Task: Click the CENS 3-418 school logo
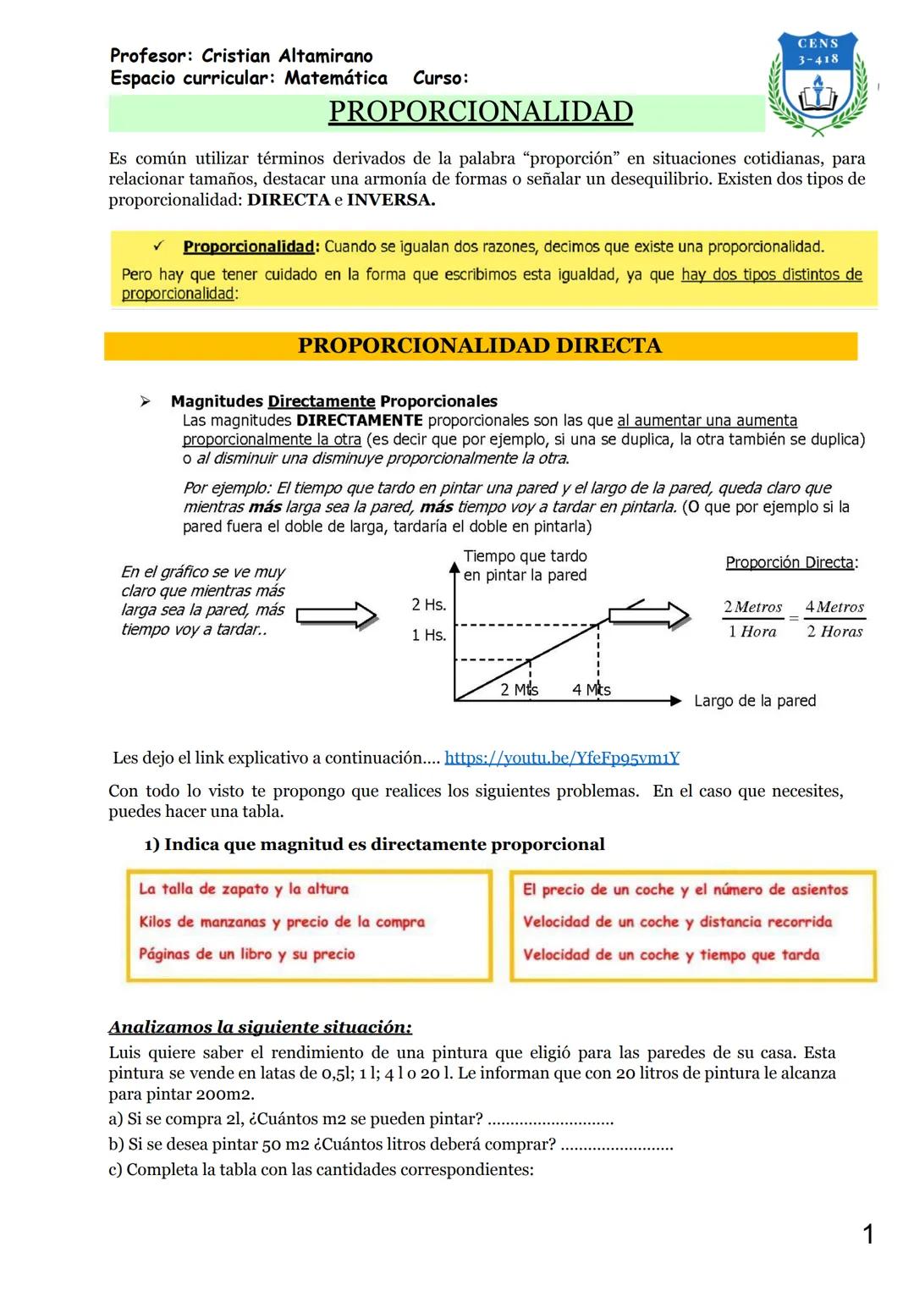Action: click(x=818, y=83)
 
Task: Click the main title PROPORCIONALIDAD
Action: click(x=480, y=112)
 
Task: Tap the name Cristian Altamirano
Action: click(x=287, y=56)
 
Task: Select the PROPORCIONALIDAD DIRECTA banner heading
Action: click(x=480, y=345)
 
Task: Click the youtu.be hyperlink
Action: click(x=562, y=758)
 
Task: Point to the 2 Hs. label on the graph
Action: click(x=428, y=604)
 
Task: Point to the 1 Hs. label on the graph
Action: click(x=428, y=635)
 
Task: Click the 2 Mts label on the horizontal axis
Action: click(x=518, y=690)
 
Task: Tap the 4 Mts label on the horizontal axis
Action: click(x=591, y=690)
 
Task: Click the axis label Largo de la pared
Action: click(x=755, y=701)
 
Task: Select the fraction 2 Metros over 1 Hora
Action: click(x=752, y=619)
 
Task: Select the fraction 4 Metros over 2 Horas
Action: click(x=834, y=619)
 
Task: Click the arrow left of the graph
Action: click(x=337, y=615)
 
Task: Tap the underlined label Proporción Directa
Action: click(x=790, y=563)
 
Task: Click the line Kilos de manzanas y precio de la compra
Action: click(x=282, y=922)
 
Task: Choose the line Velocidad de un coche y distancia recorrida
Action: click(x=677, y=922)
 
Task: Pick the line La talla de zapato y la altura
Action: click(x=244, y=889)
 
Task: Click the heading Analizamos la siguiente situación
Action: click(x=260, y=1027)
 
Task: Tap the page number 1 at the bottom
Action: click(x=867, y=1234)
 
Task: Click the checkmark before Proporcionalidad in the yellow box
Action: click(x=158, y=246)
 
